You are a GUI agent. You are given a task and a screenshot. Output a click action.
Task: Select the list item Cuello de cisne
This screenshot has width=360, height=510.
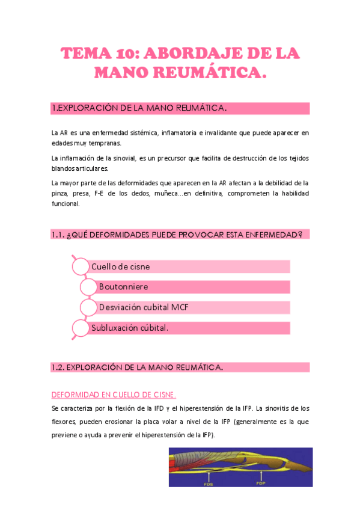(x=121, y=266)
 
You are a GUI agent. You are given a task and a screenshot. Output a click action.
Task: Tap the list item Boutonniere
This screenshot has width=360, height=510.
(x=123, y=287)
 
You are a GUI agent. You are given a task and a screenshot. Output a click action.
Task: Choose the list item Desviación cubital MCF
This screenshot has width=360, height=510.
(x=144, y=307)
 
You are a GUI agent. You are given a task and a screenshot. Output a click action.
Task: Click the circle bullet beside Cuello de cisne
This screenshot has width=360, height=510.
(x=80, y=266)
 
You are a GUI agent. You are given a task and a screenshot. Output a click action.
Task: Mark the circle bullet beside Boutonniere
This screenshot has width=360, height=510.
(x=88, y=287)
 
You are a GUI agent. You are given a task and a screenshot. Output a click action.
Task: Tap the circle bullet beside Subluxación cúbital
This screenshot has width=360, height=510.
(x=80, y=328)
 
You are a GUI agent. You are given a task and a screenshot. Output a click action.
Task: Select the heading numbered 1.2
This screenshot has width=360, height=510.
(x=138, y=367)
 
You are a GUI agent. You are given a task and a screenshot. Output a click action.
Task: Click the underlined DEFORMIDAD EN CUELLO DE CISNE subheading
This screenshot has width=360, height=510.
(x=114, y=395)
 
